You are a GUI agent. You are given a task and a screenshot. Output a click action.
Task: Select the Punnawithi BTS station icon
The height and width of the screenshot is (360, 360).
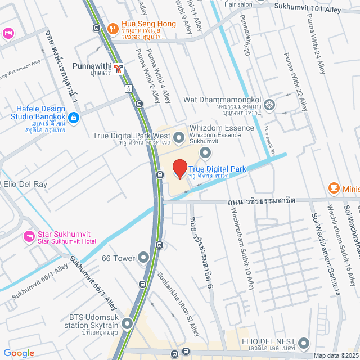(x=118, y=69)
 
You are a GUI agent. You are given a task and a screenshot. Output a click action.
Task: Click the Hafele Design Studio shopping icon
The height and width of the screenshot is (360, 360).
(x=74, y=118)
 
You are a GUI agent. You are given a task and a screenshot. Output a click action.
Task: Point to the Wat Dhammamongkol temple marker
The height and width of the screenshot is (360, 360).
(x=270, y=105)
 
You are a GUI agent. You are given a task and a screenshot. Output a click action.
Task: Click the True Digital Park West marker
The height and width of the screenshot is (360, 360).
(x=179, y=137)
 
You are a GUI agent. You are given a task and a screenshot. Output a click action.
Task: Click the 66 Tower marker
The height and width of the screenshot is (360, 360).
(x=143, y=258)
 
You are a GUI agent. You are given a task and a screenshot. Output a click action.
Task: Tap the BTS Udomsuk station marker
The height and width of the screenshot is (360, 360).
(x=127, y=323)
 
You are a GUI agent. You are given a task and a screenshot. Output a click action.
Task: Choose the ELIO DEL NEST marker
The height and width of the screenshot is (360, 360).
(x=304, y=343)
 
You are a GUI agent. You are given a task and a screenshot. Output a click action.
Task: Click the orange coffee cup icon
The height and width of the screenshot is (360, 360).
(x=334, y=188)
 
